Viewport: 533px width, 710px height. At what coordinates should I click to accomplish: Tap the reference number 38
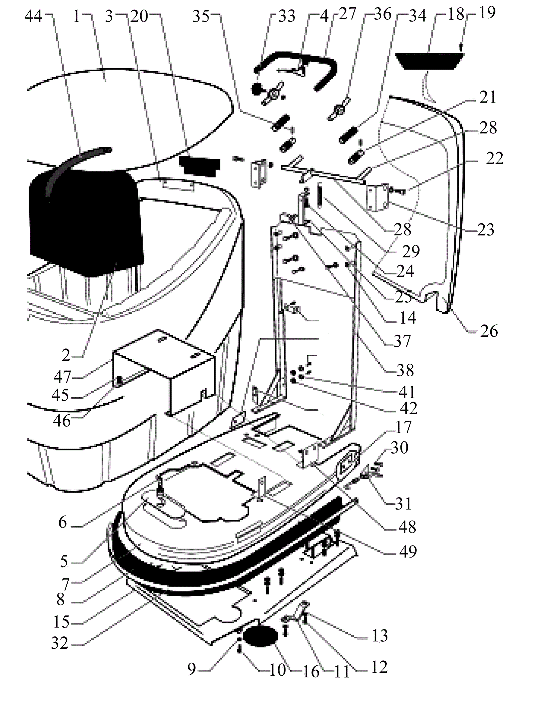point(405,370)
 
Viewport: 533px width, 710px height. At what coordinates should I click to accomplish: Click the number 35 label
point(201,16)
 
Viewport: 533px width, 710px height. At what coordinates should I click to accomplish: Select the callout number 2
point(66,356)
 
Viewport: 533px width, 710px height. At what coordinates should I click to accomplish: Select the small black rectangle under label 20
point(200,166)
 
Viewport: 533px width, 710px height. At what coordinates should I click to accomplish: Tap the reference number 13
point(380,635)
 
